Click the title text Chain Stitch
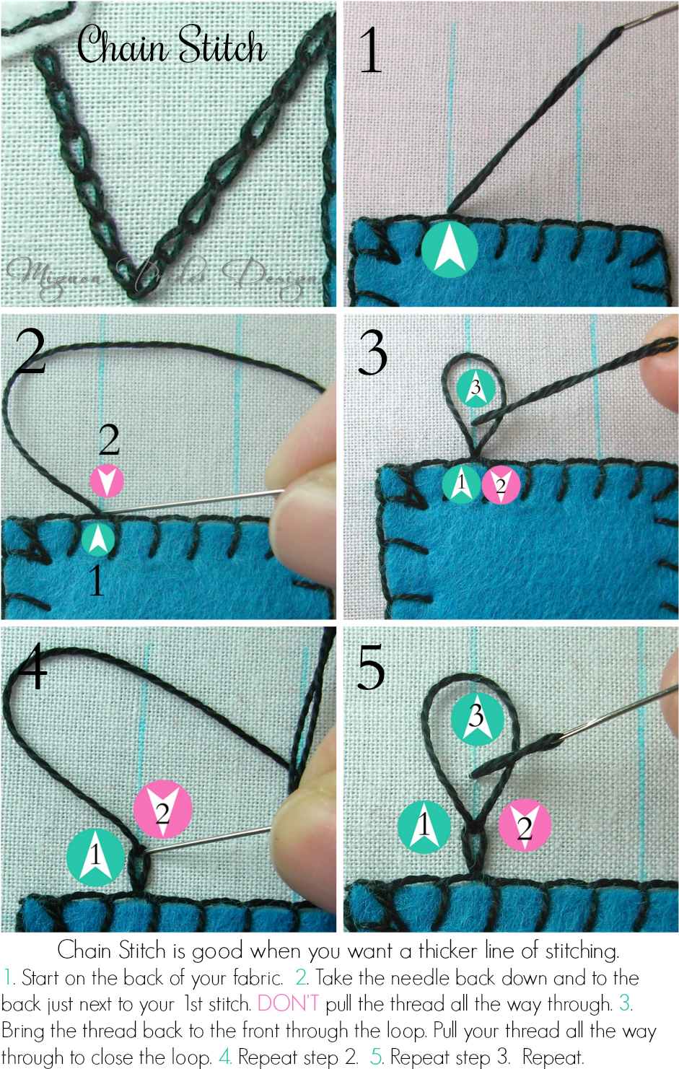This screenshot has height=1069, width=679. click(x=172, y=46)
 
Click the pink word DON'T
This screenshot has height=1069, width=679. click(x=288, y=1003)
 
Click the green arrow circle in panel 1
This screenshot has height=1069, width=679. click(x=450, y=249)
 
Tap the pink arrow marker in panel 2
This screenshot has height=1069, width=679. click(x=107, y=481)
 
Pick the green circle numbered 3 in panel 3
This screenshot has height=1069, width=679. click(x=476, y=388)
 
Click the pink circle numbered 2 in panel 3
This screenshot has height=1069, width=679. click(x=501, y=485)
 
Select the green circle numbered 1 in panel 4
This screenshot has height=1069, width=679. click(x=96, y=857)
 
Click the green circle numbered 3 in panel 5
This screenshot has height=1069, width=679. click(x=477, y=717)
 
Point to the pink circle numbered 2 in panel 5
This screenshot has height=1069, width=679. click(x=525, y=825)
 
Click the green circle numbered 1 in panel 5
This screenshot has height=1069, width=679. click(x=424, y=826)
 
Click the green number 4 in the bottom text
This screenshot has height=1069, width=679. click(x=225, y=1057)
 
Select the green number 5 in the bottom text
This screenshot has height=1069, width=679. click(x=376, y=1057)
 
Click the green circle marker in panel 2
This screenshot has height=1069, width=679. click(x=98, y=539)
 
